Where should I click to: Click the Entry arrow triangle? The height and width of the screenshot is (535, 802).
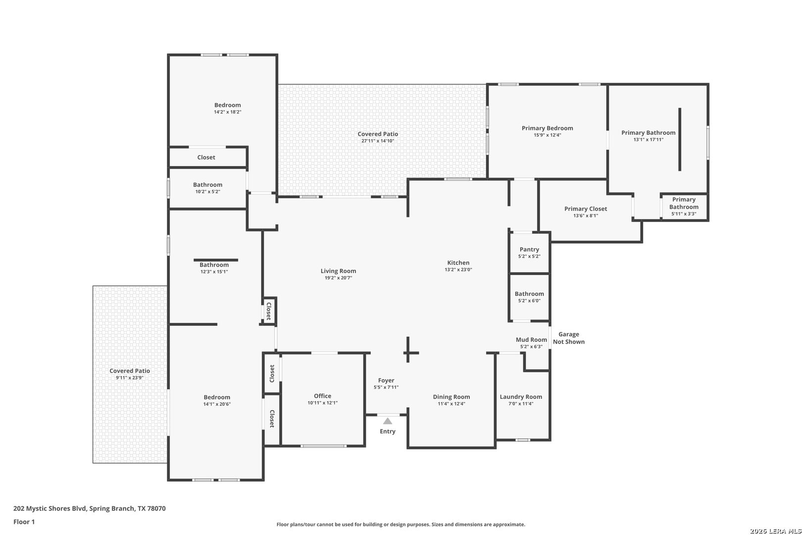point(388,421)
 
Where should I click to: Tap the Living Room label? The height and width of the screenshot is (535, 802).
point(338,271)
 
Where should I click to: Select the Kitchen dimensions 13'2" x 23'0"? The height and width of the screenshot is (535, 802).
point(458,269)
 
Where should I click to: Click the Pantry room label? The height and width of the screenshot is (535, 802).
point(529,249)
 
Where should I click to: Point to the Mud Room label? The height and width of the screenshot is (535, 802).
point(531,339)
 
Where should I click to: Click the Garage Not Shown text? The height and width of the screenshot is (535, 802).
point(568,338)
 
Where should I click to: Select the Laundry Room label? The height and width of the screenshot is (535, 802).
point(521,397)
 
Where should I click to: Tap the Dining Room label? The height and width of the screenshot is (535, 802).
point(451,397)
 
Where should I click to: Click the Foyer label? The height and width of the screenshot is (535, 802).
point(386,380)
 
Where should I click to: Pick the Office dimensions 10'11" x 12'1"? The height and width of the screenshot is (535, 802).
point(322,403)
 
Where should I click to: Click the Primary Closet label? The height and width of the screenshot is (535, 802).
point(585,209)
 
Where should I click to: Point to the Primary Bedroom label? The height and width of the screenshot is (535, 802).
point(547,128)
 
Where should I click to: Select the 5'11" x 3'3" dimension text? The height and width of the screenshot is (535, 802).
point(684,214)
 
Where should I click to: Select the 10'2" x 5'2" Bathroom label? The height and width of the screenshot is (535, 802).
point(207,185)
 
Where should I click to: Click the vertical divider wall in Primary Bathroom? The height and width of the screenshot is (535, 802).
point(680,139)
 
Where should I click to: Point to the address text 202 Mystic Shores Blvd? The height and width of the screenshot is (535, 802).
point(50,508)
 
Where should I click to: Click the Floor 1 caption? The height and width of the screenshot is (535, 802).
point(24,522)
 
